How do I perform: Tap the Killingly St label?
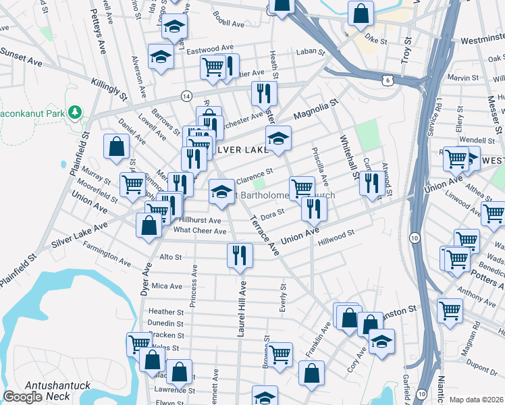pos(109,89)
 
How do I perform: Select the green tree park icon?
pos(75,111)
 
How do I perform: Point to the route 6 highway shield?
pos(386,80)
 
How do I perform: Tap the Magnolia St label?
pos(315,109)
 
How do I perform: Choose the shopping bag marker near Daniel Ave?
pos(117,146)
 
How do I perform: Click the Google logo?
pos(22,397)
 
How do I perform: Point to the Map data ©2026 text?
pos(476,400)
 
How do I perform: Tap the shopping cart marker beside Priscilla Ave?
pos(302,187)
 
